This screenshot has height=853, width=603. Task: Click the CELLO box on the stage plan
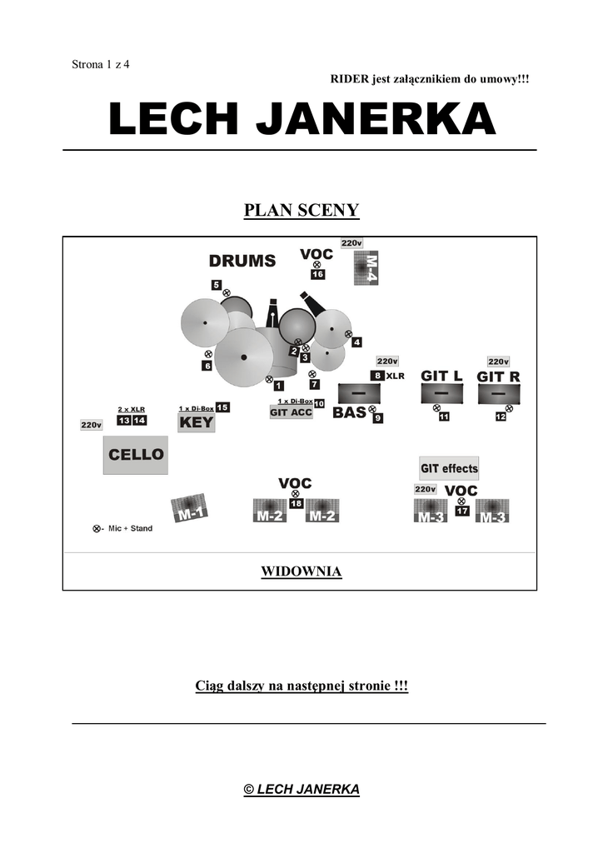[x=136, y=456]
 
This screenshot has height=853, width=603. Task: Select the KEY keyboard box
[x=197, y=422]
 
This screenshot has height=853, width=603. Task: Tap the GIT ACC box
[x=291, y=412]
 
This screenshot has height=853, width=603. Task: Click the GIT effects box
[x=449, y=468]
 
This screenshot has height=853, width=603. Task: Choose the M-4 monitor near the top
[x=366, y=268]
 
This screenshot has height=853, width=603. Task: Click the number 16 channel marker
[x=317, y=274]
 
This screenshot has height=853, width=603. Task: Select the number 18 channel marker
[x=296, y=504]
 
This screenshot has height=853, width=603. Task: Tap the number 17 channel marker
[x=462, y=511]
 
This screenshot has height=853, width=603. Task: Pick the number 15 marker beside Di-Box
[x=222, y=407]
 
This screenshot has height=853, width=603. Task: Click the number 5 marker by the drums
[x=216, y=285]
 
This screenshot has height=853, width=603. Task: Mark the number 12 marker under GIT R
[x=501, y=417]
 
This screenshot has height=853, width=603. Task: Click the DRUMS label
[x=242, y=261]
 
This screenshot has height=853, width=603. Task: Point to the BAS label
[x=349, y=412]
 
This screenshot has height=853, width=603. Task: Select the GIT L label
[x=441, y=376]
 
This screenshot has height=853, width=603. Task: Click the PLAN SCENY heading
[x=301, y=210]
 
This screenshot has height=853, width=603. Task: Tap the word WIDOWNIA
[x=301, y=571]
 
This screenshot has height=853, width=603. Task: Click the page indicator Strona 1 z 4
[x=101, y=66]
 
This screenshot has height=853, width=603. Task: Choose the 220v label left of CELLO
[x=91, y=425]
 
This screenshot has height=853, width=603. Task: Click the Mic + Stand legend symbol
[x=97, y=529]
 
